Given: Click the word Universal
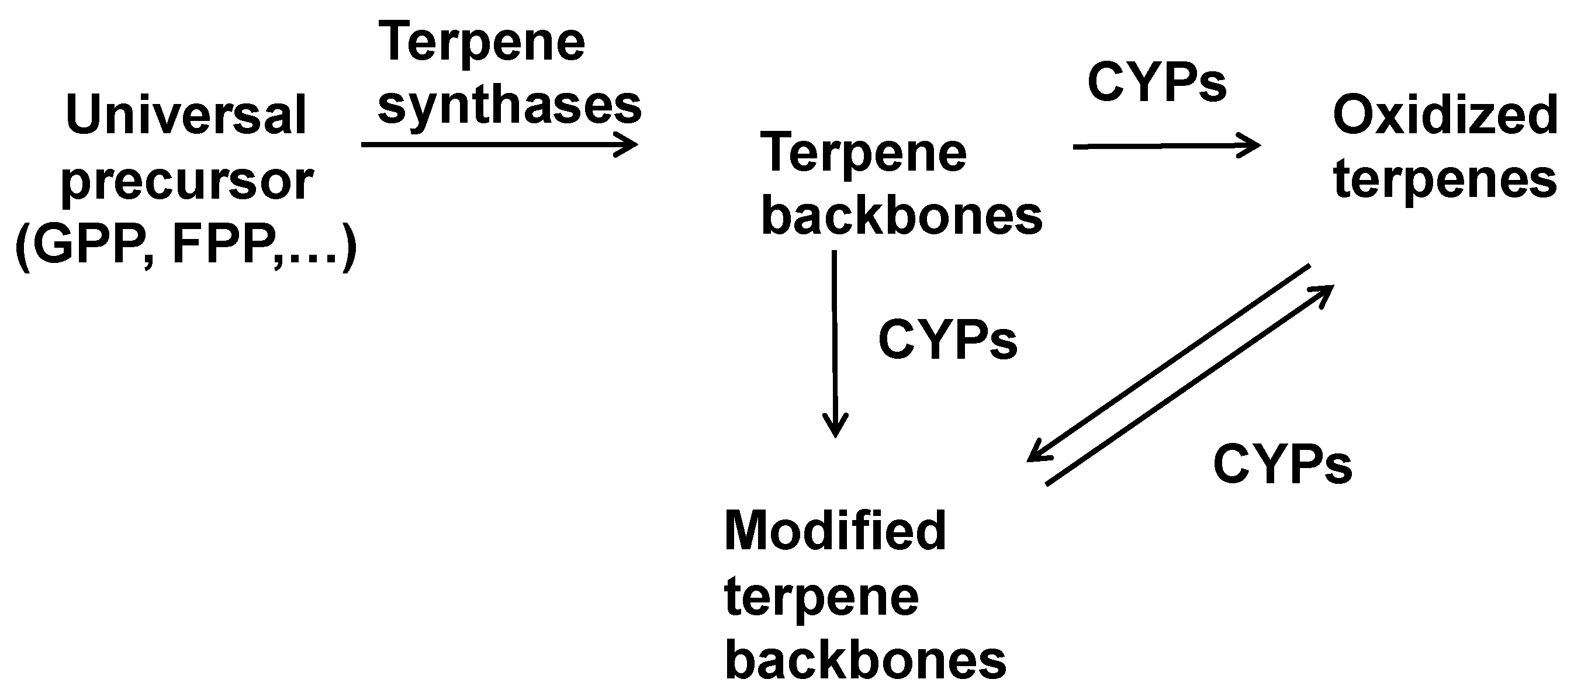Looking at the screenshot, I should coord(186,115).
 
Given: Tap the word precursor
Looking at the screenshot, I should coord(187,182).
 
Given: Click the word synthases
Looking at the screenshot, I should coord(510,105).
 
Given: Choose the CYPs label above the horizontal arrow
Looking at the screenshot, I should coord(1157,82).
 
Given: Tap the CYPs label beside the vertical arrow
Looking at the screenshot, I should coord(947,339).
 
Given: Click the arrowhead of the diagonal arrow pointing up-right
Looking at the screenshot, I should coord(1326,293).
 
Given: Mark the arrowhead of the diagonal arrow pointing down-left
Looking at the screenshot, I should coord(1035,455).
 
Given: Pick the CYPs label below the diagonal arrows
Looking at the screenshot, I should coord(1282,465).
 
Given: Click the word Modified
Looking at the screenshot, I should coord(835,531).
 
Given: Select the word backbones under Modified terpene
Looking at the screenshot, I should coord(865,661).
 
